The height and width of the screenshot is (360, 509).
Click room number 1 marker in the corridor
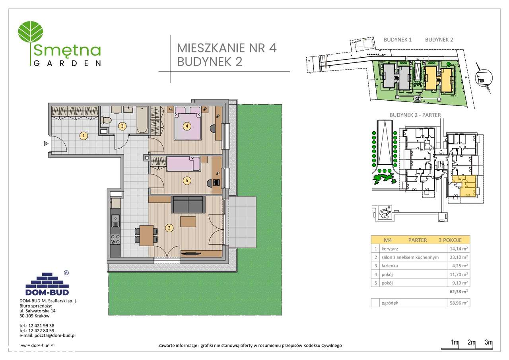[x=83, y=136]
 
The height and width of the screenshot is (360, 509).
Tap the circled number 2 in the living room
[x=169, y=228]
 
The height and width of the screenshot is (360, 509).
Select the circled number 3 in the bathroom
[x=123, y=126]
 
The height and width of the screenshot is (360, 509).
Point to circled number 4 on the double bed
[x=186, y=126]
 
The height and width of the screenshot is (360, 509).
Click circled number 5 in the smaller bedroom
[x=186, y=180]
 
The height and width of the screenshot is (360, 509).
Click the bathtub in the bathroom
[x=142, y=120]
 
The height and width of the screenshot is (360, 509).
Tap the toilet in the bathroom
[x=106, y=119]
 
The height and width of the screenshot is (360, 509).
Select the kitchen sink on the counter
[x=115, y=219]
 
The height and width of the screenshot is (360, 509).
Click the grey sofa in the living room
[x=188, y=205]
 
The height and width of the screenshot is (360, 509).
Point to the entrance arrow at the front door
[x=46, y=143]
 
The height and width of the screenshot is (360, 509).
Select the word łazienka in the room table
[x=389, y=266]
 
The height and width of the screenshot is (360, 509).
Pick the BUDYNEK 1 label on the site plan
[x=397, y=40]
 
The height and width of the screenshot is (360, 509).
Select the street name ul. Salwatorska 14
[x=38, y=311]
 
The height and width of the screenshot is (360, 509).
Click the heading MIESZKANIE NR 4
[x=226, y=48]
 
